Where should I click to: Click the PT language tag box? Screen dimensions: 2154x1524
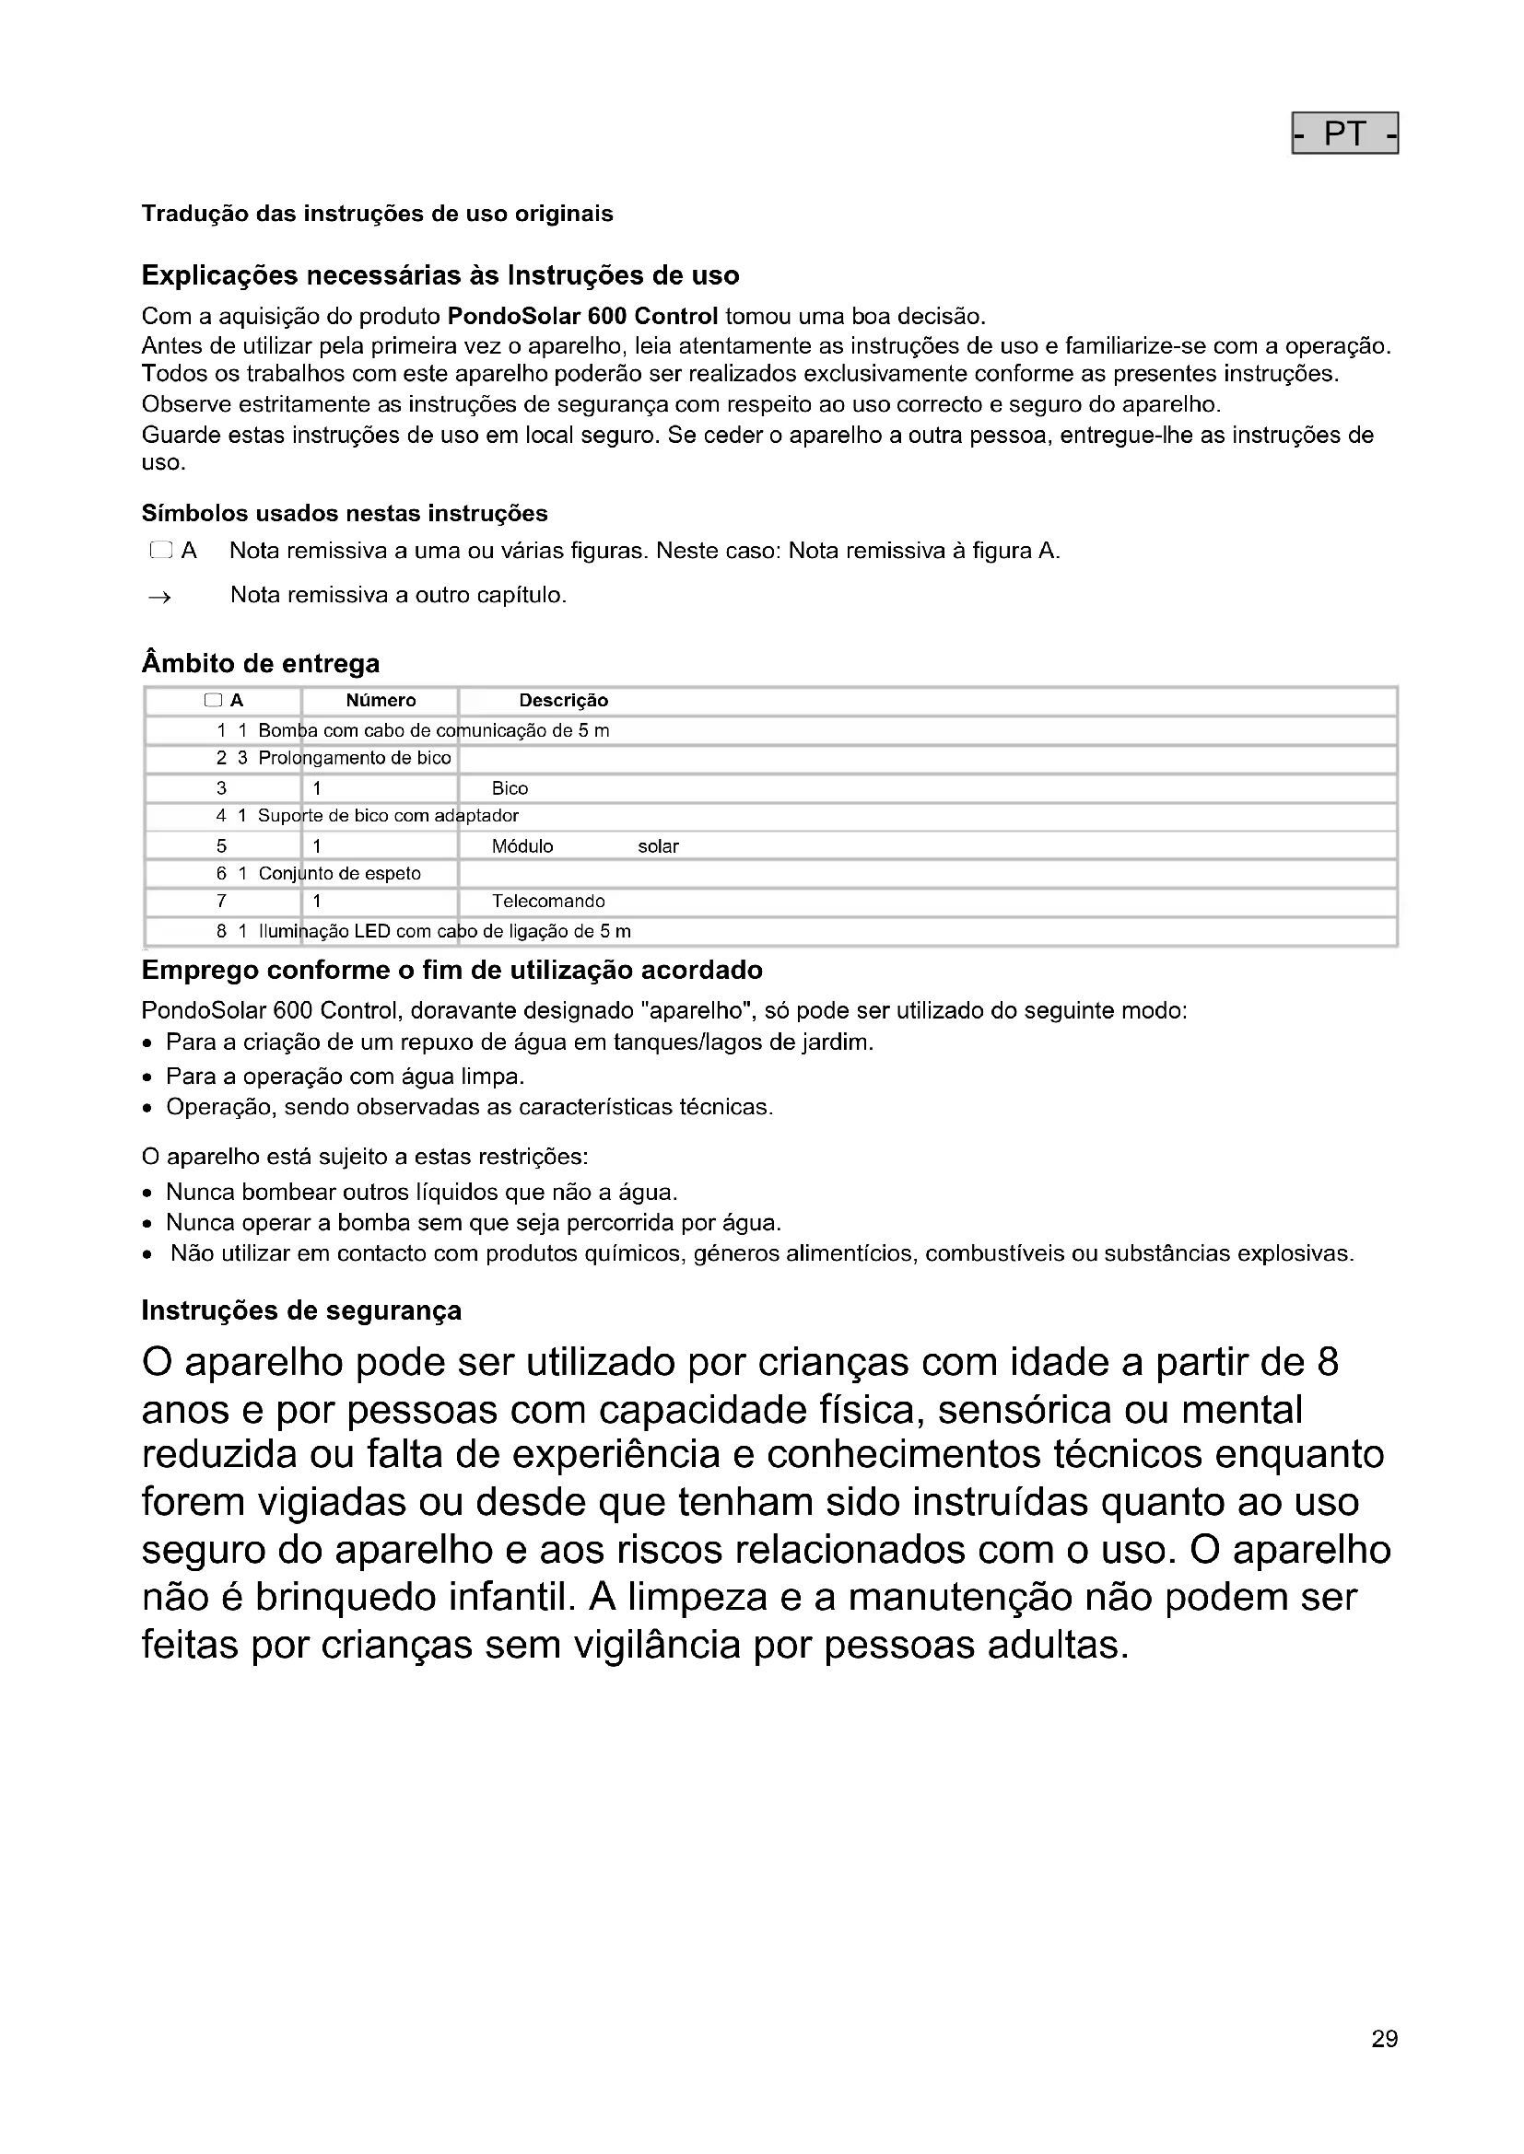coord(1343,134)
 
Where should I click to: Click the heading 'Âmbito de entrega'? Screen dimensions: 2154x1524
coord(260,663)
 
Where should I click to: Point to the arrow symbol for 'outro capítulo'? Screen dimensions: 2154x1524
coord(159,597)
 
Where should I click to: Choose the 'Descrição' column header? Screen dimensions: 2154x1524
coord(563,701)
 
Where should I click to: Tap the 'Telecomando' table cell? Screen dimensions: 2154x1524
coord(548,902)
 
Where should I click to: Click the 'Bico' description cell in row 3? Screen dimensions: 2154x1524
coord(510,789)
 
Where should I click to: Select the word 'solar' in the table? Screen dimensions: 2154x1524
coord(658,846)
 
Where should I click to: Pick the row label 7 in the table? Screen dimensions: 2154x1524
coord(221,902)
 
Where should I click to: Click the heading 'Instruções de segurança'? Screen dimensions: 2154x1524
coord(301,1310)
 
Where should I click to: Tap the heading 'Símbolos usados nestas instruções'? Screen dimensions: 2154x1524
coord(345,513)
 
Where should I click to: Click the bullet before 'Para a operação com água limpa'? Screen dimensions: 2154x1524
coord(147,1078)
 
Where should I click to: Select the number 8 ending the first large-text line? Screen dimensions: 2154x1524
coord(1327,1362)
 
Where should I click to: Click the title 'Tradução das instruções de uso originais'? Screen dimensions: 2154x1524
coord(377,214)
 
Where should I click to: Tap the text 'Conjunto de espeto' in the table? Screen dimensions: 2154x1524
coord(340,874)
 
